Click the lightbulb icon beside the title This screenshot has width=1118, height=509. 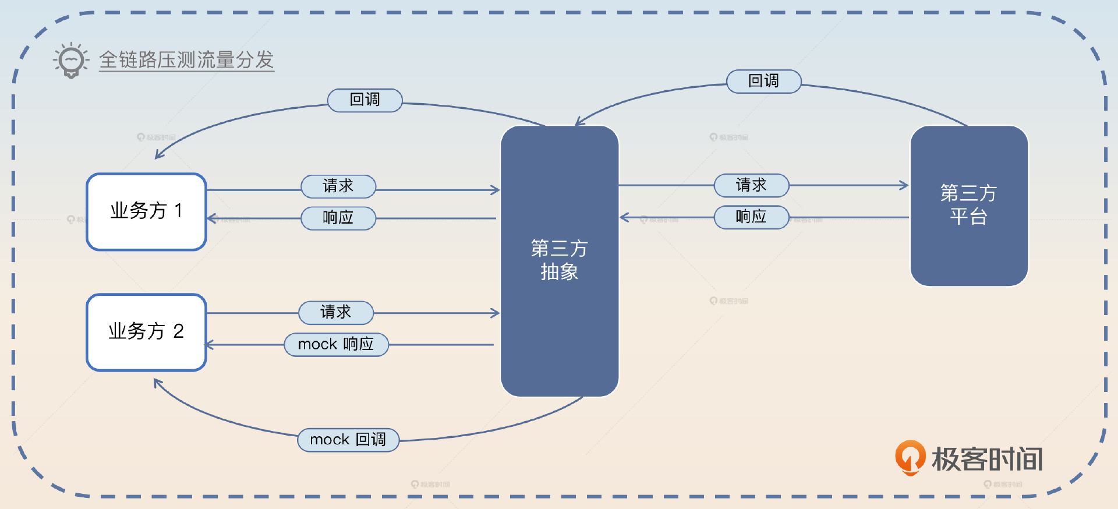click(x=71, y=60)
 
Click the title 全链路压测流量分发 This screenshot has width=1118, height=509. click(x=186, y=60)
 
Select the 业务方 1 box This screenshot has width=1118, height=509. click(x=146, y=211)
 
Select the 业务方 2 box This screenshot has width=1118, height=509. click(x=146, y=332)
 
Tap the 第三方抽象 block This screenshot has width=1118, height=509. click(x=559, y=260)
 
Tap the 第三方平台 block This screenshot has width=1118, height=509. click(x=968, y=205)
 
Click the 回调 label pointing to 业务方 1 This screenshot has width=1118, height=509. click(x=365, y=100)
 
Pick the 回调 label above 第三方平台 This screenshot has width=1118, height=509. click(x=763, y=81)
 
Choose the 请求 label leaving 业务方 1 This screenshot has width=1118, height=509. click(x=338, y=186)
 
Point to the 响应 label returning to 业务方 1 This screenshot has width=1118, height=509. click(x=338, y=218)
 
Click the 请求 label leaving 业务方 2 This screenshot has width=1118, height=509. click(x=335, y=313)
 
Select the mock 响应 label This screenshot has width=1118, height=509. click(x=336, y=344)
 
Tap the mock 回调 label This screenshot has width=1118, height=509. click(x=348, y=440)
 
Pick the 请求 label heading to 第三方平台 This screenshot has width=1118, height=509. click(x=751, y=185)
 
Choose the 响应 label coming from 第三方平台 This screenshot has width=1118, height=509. click(x=751, y=217)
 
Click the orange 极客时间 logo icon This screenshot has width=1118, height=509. click(x=910, y=457)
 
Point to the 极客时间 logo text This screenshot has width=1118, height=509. click(x=987, y=459)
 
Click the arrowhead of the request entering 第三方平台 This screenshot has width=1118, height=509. click(x=904, y=185)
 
